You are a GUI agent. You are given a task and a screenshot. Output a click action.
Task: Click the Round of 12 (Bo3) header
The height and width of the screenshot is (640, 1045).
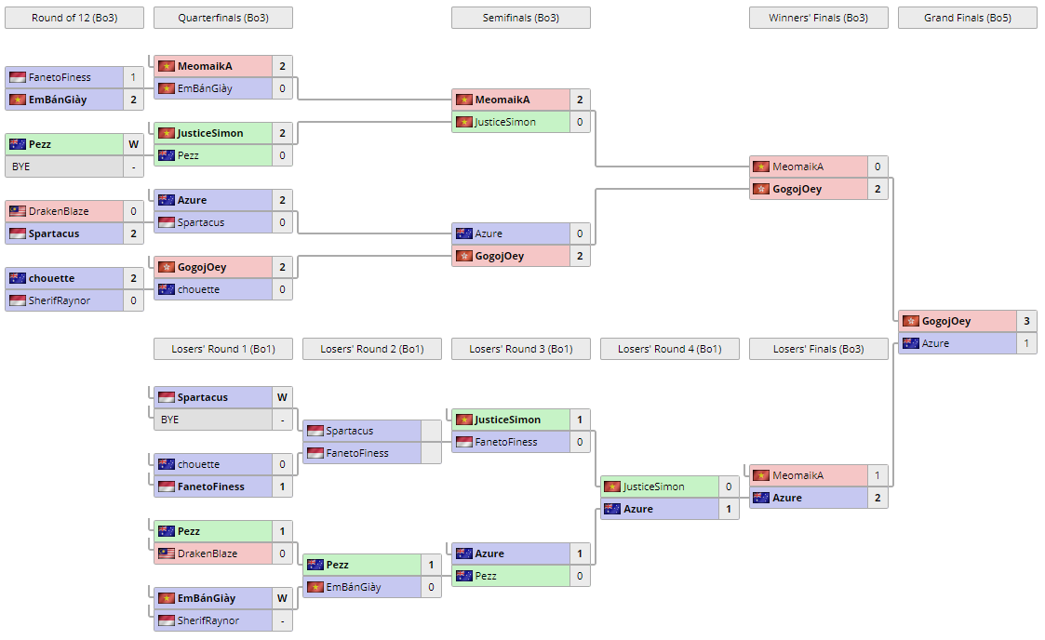tap(74, 18)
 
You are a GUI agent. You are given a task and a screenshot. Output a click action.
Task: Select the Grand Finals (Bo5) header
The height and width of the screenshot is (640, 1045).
tap(967, 18)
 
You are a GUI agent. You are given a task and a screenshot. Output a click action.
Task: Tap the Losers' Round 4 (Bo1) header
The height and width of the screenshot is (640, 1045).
tap(669, 349)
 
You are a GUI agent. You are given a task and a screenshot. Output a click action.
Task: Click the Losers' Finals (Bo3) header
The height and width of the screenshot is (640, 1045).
tap(818, 349)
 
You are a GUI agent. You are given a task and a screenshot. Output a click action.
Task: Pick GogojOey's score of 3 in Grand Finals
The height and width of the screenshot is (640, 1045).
tap(1025, 321)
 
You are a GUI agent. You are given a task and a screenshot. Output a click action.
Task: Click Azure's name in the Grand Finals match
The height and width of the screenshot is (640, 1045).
tap(935, 343)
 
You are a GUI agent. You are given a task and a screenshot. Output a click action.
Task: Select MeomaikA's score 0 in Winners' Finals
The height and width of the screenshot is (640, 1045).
tap(876, 167)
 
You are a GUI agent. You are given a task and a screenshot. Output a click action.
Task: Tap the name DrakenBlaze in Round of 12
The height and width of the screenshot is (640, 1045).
tap(60, 211)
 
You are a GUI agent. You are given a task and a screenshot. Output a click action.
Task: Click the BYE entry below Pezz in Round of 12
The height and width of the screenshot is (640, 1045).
tap(20, 167)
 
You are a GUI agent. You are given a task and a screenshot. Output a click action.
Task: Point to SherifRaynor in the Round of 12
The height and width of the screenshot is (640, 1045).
tap(60, 300)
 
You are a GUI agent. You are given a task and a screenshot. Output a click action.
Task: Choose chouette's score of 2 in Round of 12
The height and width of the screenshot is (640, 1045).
tap(133, 278)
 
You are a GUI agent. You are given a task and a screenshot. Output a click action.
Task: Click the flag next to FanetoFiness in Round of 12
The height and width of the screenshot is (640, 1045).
tap(17, 77)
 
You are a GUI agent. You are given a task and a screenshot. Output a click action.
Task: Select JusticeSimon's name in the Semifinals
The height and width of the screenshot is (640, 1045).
tap(505, 122)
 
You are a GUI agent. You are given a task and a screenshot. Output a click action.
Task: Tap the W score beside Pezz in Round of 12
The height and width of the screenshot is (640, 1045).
tap(133, 144)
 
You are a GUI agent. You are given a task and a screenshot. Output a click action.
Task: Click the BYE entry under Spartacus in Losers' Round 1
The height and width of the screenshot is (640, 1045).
tap(169, 420)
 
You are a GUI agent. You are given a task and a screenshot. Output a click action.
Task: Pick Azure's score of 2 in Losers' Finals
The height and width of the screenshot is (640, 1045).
tap(876, 498)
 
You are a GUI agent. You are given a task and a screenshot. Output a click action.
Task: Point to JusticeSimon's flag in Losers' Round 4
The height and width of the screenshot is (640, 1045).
tap(612, 487)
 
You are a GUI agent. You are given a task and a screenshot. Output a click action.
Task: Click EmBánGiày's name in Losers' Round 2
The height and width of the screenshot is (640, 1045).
tap(354, 587)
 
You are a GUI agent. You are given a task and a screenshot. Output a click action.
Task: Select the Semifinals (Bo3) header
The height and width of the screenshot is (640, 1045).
tap(520, 18)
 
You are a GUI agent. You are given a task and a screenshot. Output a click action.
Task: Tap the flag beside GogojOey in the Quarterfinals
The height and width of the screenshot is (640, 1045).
tap(166, 267)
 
